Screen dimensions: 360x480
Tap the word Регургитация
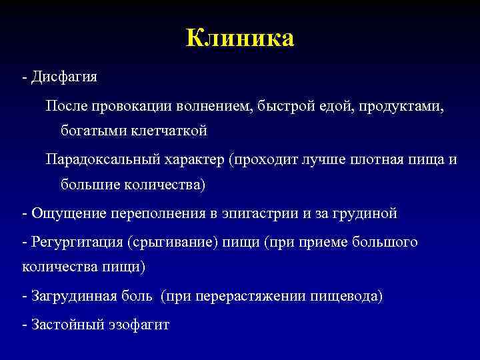pos(69,242)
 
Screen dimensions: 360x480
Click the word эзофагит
pos(137,325)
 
